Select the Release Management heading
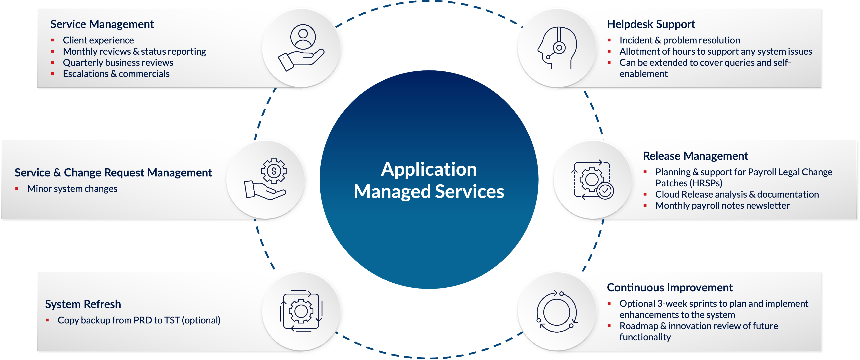(695, 156)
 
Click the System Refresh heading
(83, 304)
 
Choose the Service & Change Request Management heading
(113, 173)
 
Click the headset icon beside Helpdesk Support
(557, 48)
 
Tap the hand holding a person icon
(302, 48)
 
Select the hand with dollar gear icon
(266, 179)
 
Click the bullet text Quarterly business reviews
(118, 63)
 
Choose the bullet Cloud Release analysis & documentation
(737, 194)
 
